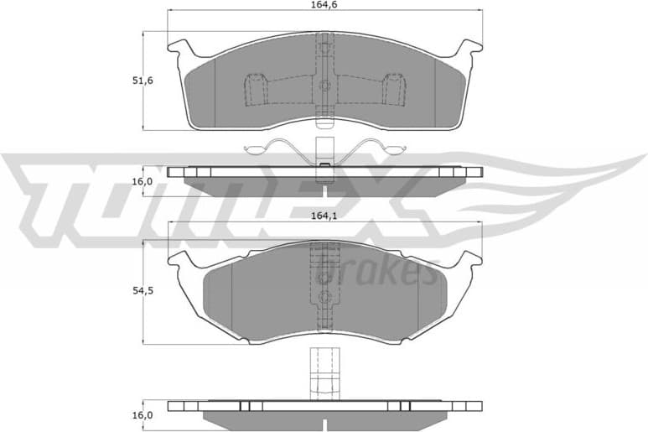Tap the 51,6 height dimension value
[x=143, y=81]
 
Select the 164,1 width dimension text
[x=324, y=216]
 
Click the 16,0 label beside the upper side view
[x=143, y=181]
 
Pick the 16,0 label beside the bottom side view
[x=143, y=415]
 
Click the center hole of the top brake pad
[x=324, y=84]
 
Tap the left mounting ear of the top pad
[x=178, y=49]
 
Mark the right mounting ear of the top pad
[x=472, y=49]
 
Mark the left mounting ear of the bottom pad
[x=179, y=260]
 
